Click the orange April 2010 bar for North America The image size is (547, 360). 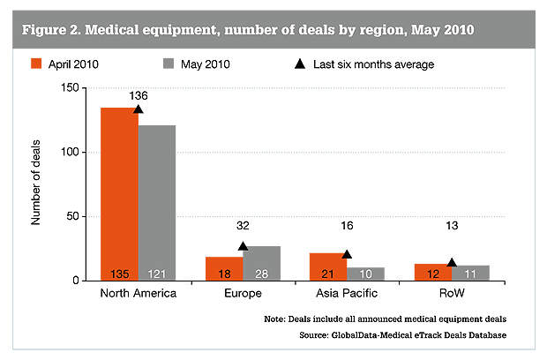tap(119, 194)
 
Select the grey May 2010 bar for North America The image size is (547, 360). tap(157, 203)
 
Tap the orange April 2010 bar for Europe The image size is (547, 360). tap(224, 269)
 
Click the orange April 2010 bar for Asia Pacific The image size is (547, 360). tap(328, 266)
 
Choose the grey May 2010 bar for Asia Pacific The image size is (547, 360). tap(365, 274)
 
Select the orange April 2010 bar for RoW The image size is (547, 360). tap(432, 272)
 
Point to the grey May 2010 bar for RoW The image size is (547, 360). tap(469, 273)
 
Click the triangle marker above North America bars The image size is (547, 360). tap(139, 109)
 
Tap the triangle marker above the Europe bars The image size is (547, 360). tap(243, 246)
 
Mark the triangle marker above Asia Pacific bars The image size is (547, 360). tap(347, 254)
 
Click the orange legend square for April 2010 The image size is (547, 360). tap(36, 64)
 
